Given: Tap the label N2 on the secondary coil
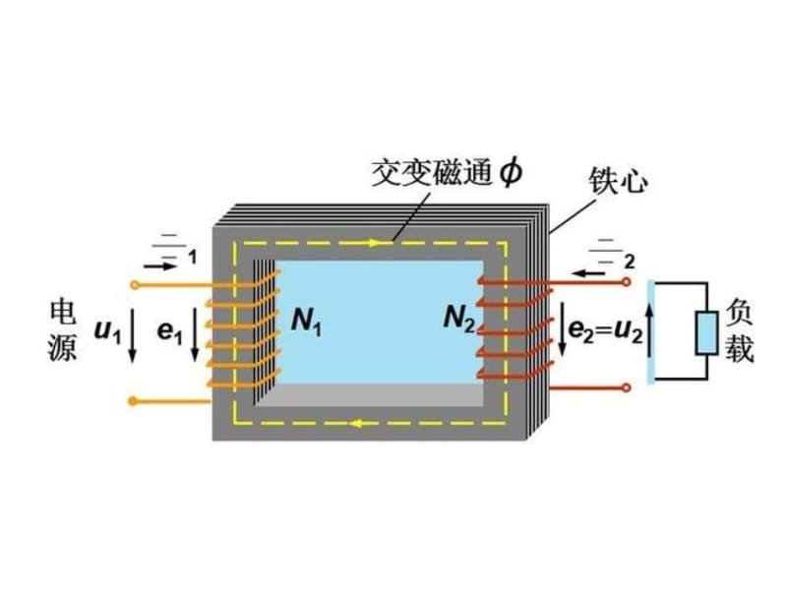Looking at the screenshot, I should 459,318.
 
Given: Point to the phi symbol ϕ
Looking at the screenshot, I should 511,173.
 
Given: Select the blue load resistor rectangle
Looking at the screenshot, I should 706,333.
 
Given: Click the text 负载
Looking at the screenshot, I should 740,331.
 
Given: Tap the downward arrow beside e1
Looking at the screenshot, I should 195,334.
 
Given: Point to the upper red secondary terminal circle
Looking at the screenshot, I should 625,284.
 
